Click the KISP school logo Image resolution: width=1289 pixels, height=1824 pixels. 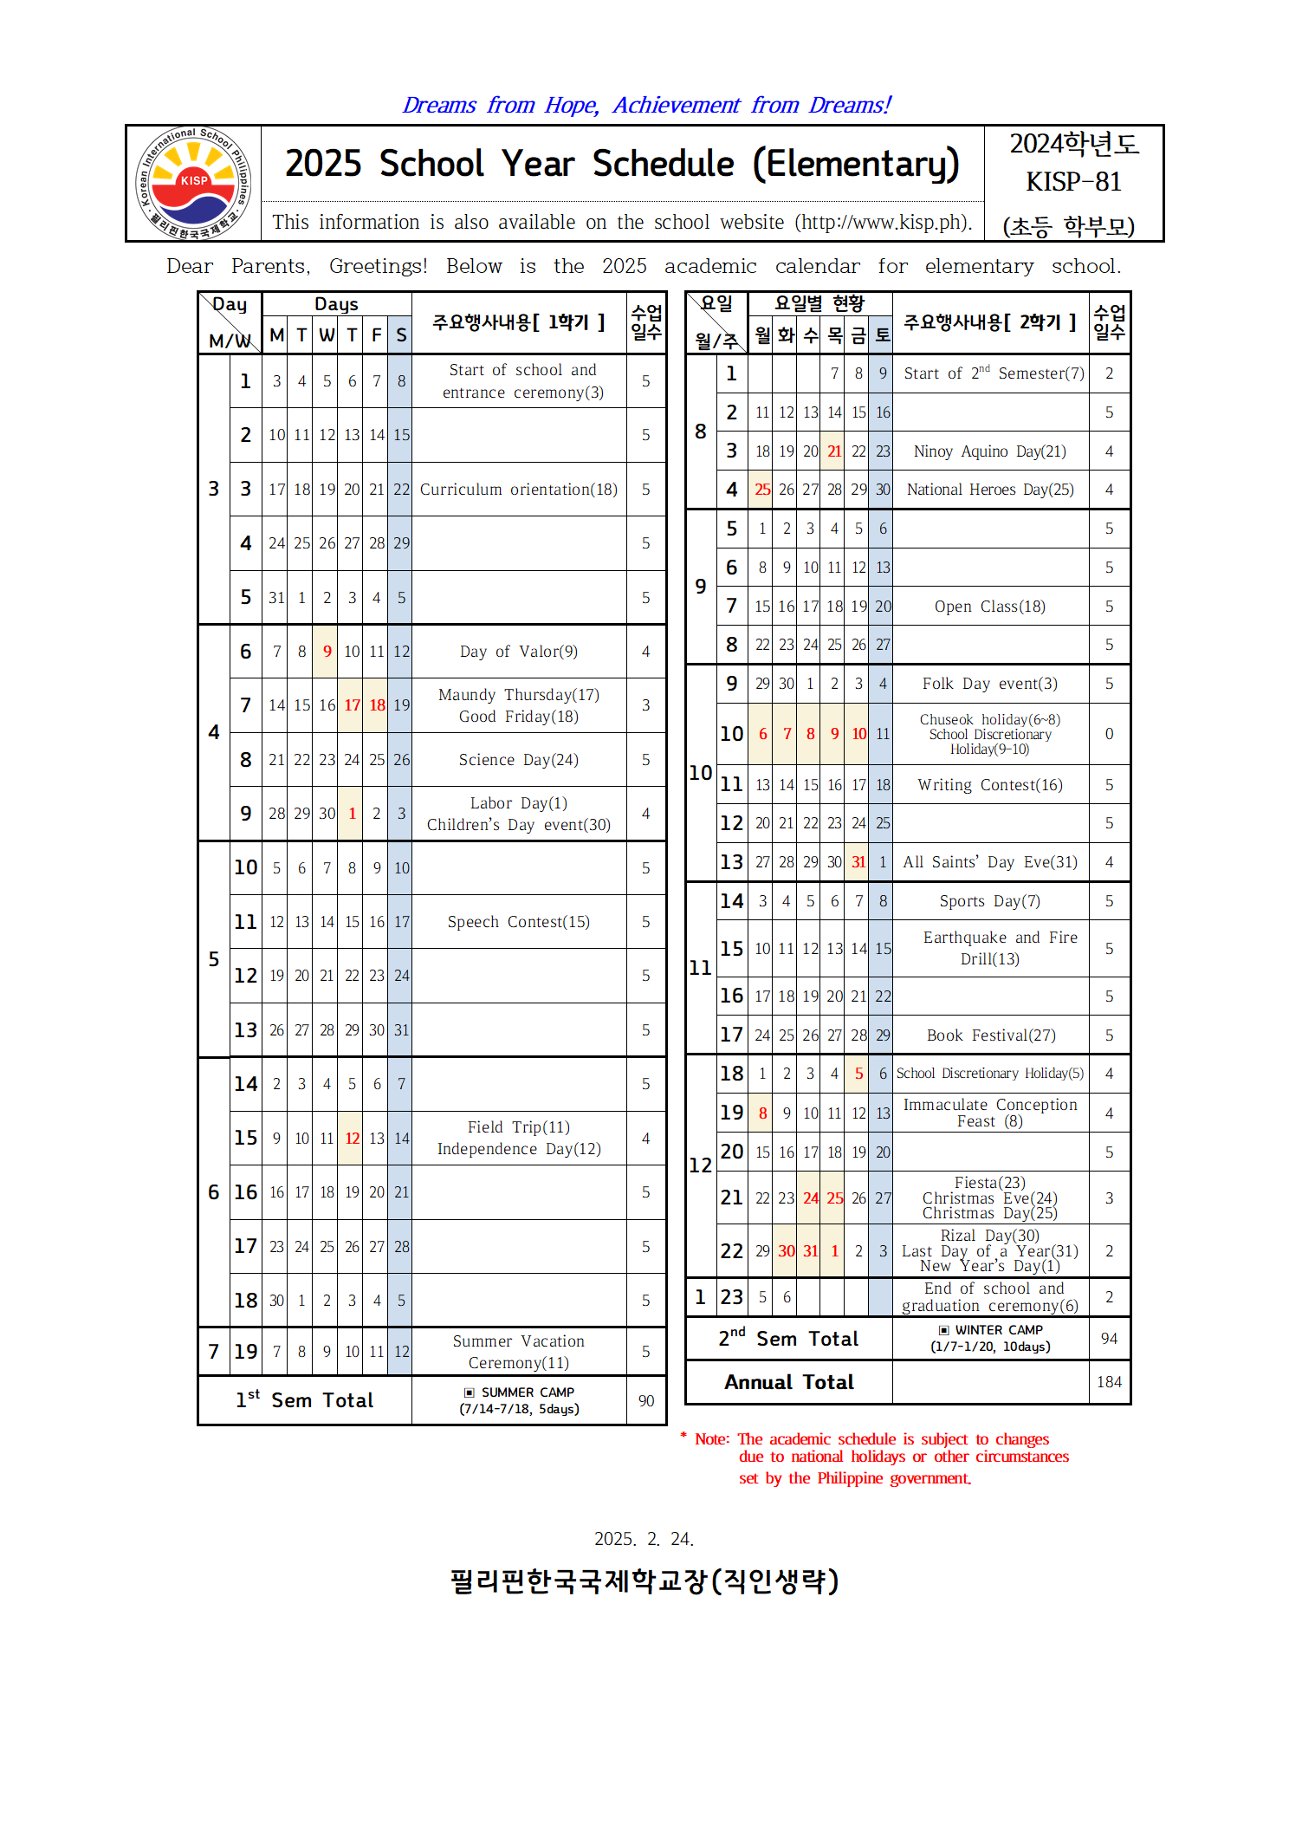click(193, 183)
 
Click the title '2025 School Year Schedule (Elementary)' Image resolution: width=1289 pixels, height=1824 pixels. click(622, 164)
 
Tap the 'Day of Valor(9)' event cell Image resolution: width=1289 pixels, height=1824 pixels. click(518, 652)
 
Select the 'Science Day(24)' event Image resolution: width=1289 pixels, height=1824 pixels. click(518, 760)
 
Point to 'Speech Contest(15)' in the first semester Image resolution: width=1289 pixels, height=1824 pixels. click(518, 922)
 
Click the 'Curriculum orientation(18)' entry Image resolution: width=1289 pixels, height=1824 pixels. click(518, 490)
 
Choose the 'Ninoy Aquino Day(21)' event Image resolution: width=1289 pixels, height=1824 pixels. click(989, 451)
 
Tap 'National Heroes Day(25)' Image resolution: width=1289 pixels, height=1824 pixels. click(989, 490)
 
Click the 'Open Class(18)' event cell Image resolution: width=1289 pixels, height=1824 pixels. click(989, 607)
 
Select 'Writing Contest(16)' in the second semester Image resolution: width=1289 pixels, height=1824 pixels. click(989, 785)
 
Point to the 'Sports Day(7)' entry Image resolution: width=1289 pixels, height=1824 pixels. click(989, 901)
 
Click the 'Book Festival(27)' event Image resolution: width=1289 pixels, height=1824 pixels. click(990, 1035)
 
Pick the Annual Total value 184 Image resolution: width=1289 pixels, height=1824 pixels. click(1109, 1382)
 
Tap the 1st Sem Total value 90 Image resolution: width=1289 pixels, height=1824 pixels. click(646, 1401)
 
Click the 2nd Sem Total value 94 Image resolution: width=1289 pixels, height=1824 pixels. click(1109, 1339)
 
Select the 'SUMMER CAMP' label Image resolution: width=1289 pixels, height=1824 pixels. click(527, 1392)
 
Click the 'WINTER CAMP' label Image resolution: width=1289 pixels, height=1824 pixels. click(998, 1330)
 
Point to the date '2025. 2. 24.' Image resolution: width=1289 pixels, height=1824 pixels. click(644, 1539)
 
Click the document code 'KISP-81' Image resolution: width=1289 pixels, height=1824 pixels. click(1073, 182)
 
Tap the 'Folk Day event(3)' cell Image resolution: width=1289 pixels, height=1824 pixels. click(989, 684)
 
